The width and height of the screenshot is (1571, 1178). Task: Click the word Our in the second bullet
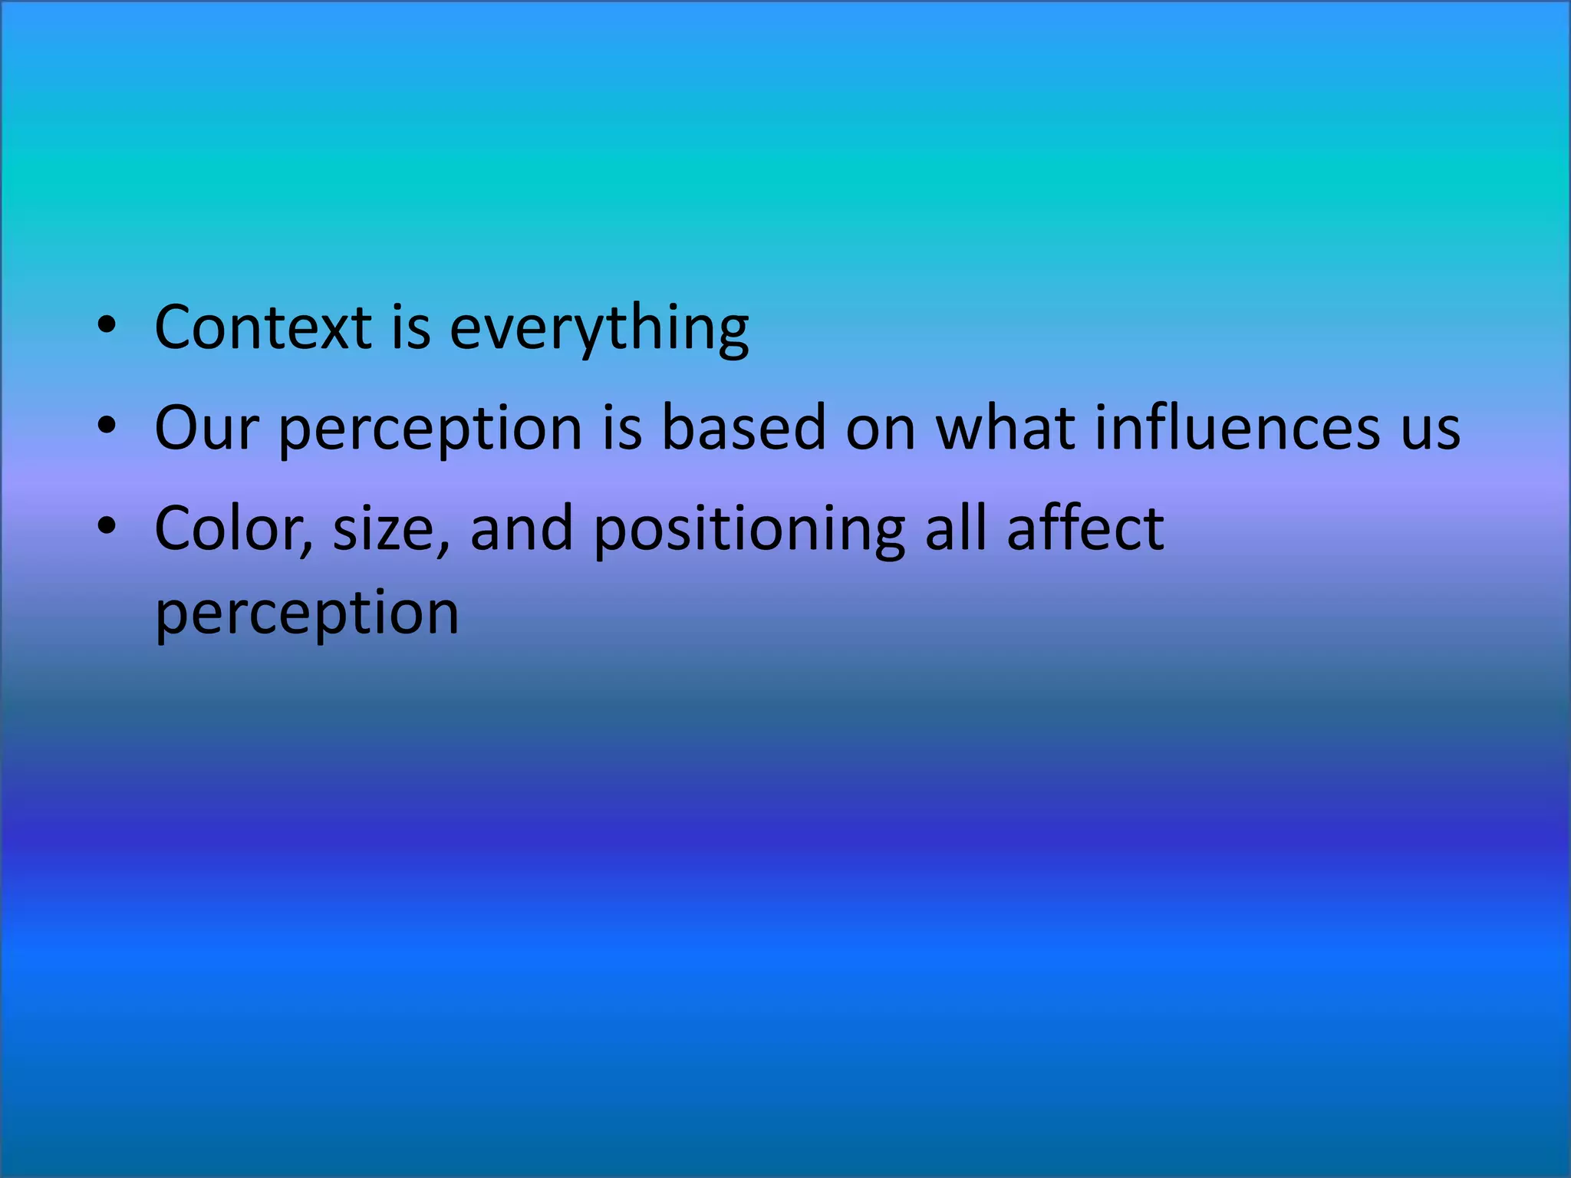(x=206, y=428)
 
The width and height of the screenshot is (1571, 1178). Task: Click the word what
(x=1006, y=427)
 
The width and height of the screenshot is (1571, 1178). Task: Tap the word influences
(x=1236, y=427)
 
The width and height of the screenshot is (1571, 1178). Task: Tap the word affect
(x=1085, y=528)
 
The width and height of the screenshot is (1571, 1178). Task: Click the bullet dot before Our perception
(x=107, y=425)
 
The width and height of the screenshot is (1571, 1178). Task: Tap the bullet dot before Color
(x=107, y=526)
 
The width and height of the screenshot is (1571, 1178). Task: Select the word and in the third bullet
(x=522, y=529)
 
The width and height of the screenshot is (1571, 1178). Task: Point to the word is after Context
(x=411, y=327)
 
